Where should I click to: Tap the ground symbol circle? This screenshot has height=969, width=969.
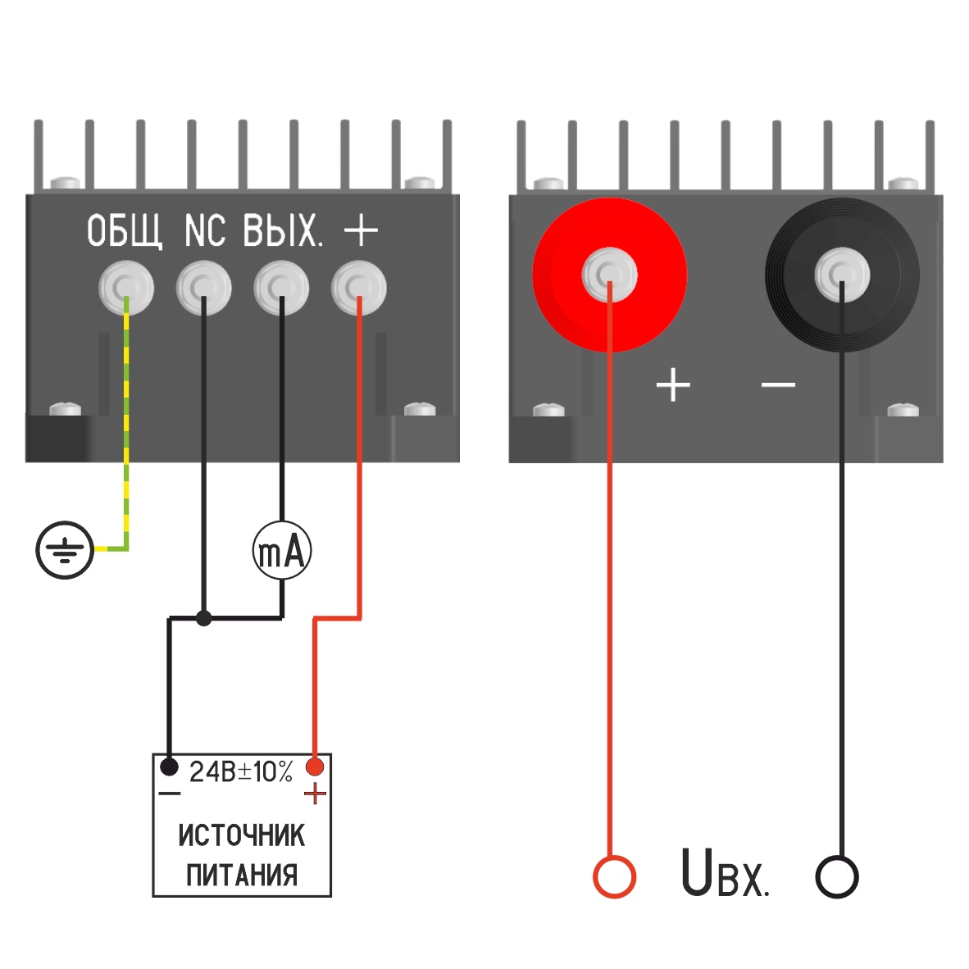pyautogui.click(x=65, y=549)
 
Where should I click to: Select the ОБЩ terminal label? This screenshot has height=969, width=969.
pyautogui.click(x=125, y=231)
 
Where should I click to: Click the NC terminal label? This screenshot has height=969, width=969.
pyautogui.click(x=204, y=231)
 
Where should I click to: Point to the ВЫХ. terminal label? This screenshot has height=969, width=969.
pyautogui.click(x=283, y=231)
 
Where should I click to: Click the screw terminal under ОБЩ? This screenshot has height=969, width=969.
pyautogui.click(x=126, y=288)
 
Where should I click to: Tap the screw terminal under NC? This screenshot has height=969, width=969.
pyautogui.click(x=204, y=288)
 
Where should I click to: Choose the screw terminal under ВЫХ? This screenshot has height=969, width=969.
pyautogui.click(x=281, y=288)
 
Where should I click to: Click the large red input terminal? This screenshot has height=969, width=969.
pyautogui.click(x=609, y=275)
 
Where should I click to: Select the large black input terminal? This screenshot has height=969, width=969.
pyautogui.click(x=842, y=275)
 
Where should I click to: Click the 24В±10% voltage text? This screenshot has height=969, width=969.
pyautogui.click(x=241, y=772)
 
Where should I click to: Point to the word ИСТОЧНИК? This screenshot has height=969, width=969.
pyautogui.click(x=242, y=835)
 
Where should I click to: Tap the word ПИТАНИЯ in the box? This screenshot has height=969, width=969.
pyautogui.click(x=242, y=875)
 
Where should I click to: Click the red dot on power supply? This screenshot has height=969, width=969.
pyautogui.click(x=315, y=767)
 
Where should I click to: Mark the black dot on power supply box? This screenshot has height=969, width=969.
pyautogui.click(x=169, y=767)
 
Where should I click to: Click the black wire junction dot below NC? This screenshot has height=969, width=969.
pyautogui.click(x=204, y=618)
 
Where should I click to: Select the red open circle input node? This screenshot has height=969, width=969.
pyautogui.click(x=614, y=876)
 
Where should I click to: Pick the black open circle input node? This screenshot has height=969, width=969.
pyautogui.click(x=837, y=876)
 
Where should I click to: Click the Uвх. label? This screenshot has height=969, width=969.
pyautogui.click(x=725, y=874)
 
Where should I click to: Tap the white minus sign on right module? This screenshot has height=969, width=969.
pyautogui.click(x=778, y=384)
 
